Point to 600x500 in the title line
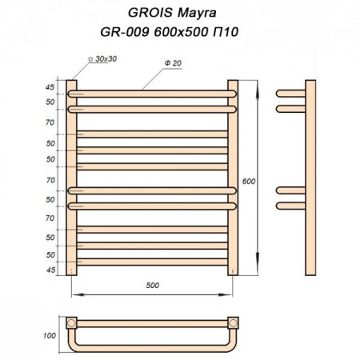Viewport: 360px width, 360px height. click(x=190, y=35)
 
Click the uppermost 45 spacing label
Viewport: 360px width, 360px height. click(x=50, y=88)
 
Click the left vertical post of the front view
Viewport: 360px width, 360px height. click(x=72, y=176)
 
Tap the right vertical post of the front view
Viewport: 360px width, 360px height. click(x=234, y=176)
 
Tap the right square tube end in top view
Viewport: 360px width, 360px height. click(x=233, y=324)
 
